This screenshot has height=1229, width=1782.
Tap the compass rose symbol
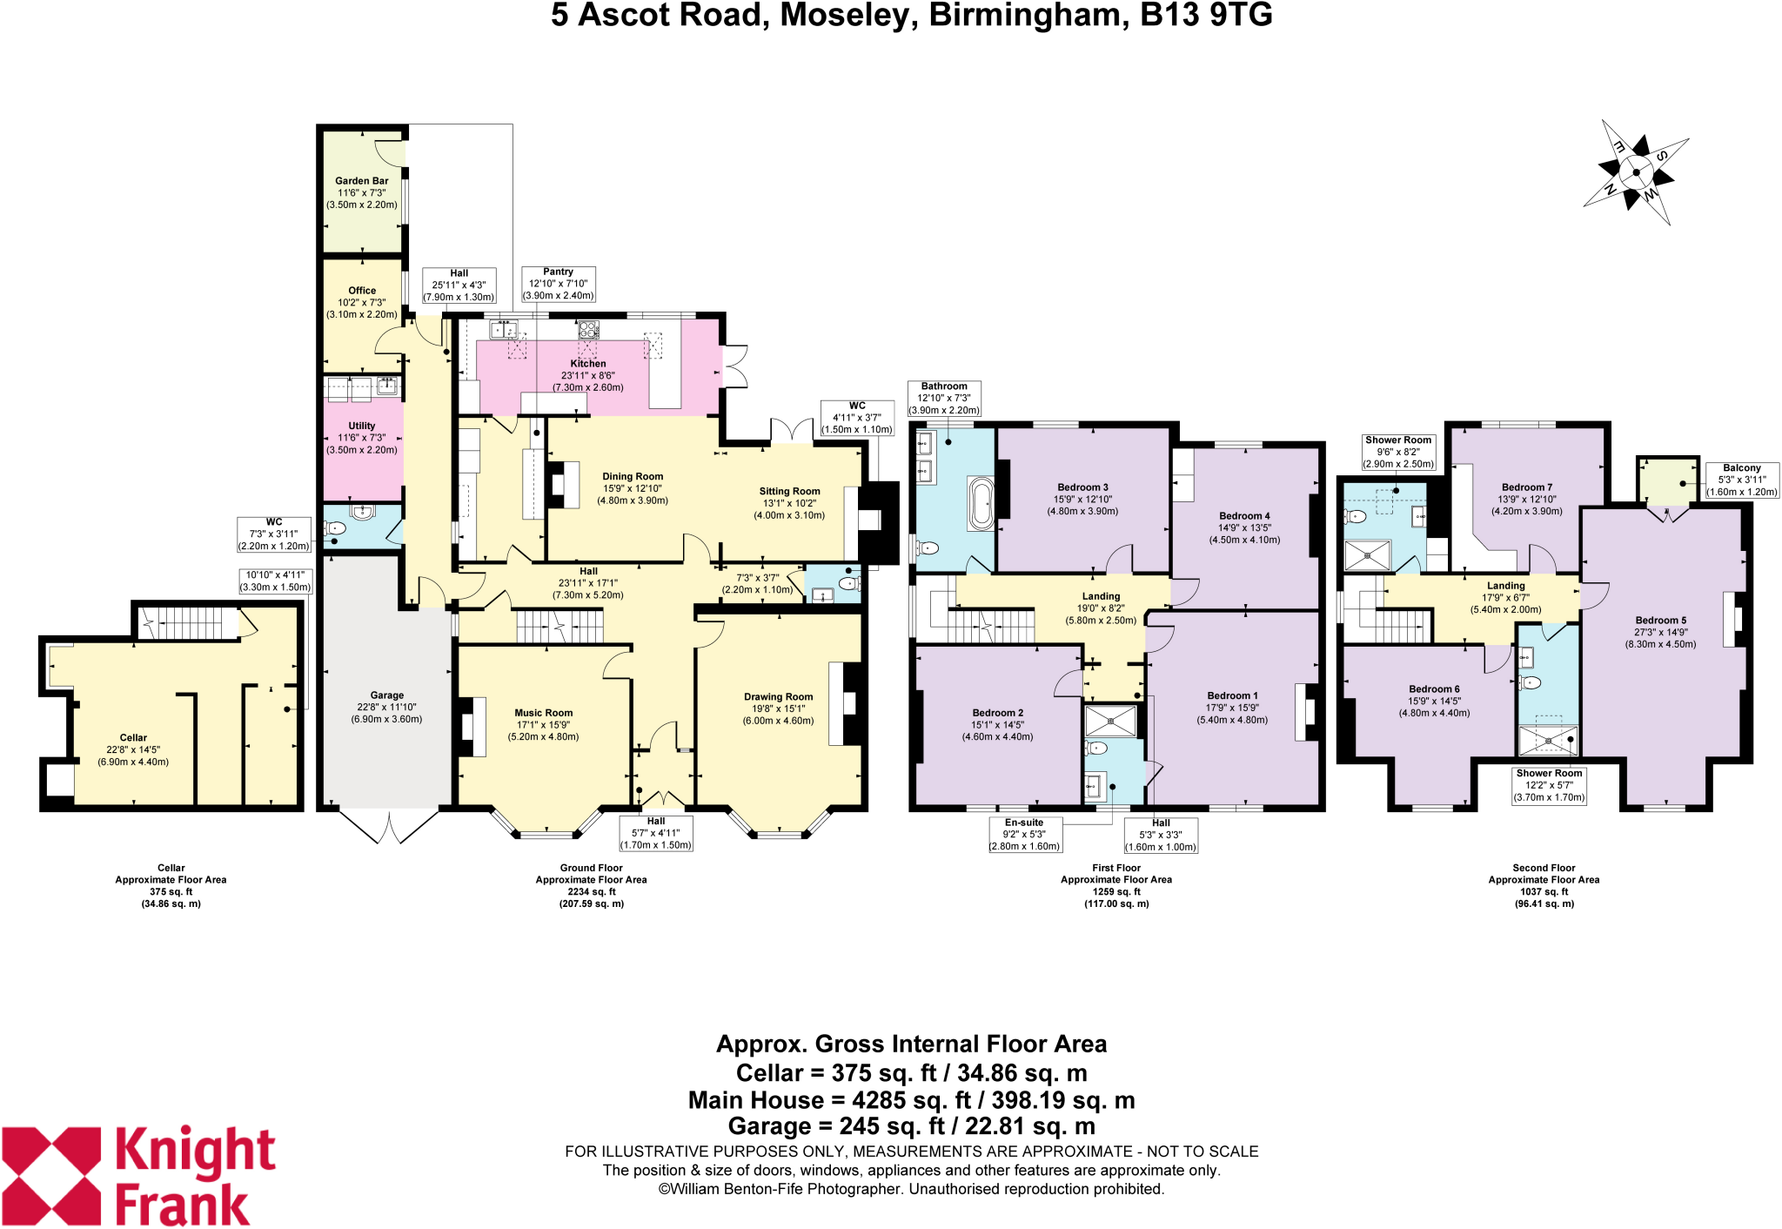1636,172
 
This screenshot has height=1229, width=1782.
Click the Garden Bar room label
362,181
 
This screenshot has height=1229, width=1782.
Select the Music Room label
543,713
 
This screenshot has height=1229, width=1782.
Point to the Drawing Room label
778,697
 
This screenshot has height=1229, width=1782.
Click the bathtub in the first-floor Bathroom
981,503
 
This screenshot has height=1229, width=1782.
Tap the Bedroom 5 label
1660,621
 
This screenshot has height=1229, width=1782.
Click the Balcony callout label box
1741,480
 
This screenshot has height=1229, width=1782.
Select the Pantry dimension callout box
558,284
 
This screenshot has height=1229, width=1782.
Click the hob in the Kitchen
589,330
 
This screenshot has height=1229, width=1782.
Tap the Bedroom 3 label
1082,487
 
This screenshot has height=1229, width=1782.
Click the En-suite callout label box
1024,834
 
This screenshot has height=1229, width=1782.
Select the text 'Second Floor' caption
1544,868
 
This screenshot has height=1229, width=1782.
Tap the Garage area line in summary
911,1126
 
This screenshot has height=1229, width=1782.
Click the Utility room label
362,426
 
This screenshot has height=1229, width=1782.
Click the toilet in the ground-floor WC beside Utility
336,528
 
